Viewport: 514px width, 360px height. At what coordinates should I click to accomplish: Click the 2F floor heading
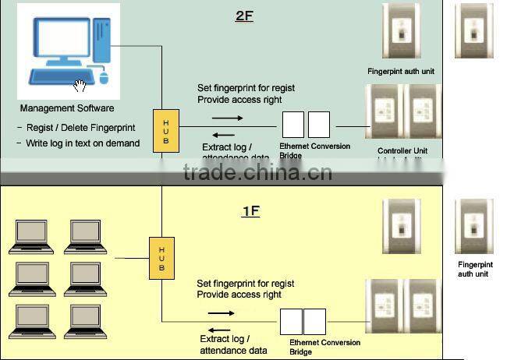[x=244, y=15]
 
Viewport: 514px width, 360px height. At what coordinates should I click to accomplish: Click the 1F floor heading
[x=250, y=210]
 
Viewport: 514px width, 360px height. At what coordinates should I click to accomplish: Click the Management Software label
[x=67, y=108]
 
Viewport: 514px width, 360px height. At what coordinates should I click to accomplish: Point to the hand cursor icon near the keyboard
[x=80, y=85]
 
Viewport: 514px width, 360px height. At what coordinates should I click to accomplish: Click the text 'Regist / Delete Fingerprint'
[x=76, y=128]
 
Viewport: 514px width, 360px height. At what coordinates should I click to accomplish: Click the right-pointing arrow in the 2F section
[x=227, y=118]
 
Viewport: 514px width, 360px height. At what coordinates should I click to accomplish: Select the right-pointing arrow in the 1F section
[x=221, y=313]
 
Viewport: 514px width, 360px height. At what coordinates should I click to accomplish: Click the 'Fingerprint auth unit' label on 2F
[x=401, y=71]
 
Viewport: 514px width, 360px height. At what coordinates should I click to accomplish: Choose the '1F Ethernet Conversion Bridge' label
[x=324, y=347]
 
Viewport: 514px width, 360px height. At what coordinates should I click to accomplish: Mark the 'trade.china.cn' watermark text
[x=257, y=171]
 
